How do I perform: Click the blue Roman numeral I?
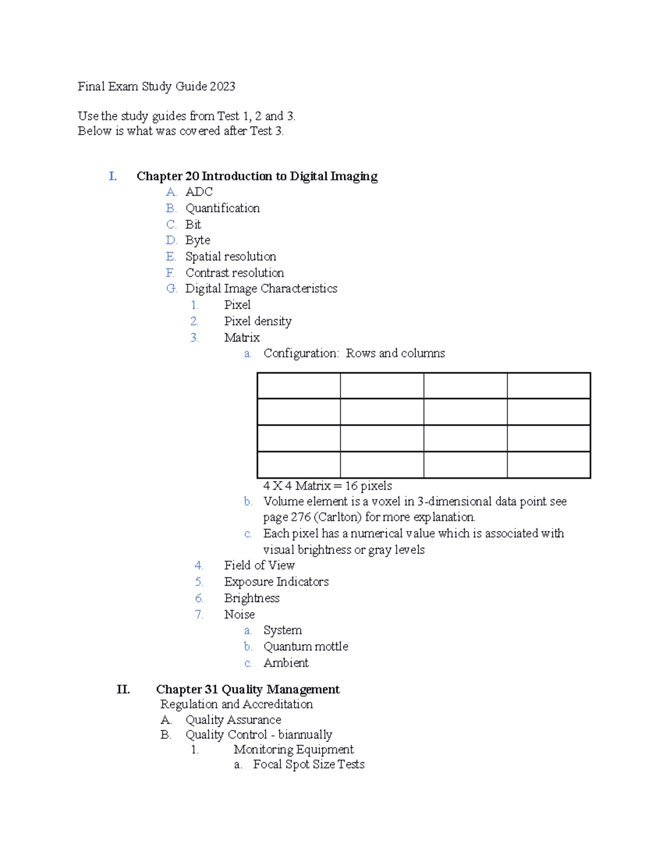113,176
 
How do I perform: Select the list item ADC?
199,192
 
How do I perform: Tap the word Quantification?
222,208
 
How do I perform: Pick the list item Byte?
198,240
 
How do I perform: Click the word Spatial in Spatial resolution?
203,256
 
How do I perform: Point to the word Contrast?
207,272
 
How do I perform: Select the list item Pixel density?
257,321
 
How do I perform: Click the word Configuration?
301,354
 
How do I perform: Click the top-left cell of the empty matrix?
299,386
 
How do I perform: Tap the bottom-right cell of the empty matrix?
549,465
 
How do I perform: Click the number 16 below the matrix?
351,486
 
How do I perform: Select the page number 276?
301,517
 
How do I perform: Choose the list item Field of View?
259,565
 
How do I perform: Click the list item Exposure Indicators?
276,582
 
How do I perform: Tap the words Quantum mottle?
306,646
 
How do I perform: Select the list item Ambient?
286,663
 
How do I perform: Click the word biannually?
305,735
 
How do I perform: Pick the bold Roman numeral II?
123,689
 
